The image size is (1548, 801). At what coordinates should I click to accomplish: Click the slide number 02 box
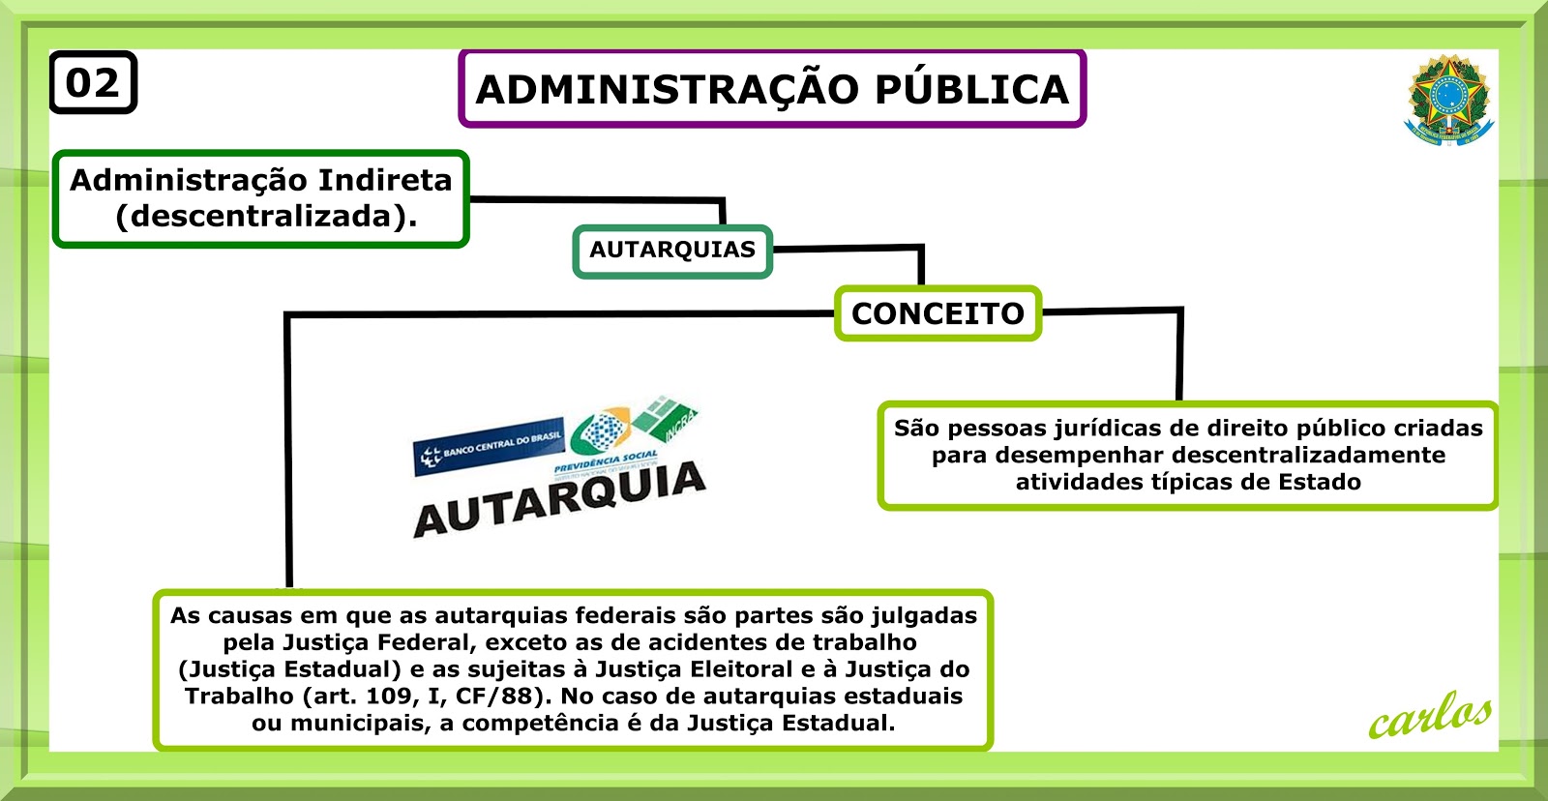tap(93, 83)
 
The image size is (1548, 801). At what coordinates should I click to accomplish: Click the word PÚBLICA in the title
tap(972, 90)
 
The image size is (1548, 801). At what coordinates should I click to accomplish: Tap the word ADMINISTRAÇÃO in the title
tap(668, 90)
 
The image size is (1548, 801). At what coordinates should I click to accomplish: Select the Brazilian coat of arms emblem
tap(1448, 100)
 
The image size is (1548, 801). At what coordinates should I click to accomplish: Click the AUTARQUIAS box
tap(672, 251)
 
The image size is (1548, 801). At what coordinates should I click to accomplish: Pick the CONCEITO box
tap(938, 313)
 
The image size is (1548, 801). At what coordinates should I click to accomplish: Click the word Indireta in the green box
tap(385, 181)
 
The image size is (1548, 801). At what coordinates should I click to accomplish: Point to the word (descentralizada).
tap(266, 216)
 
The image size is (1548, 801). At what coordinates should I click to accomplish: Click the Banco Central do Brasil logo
tap(488, 450)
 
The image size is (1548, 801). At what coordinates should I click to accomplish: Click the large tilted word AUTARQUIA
tap(560, 499)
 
